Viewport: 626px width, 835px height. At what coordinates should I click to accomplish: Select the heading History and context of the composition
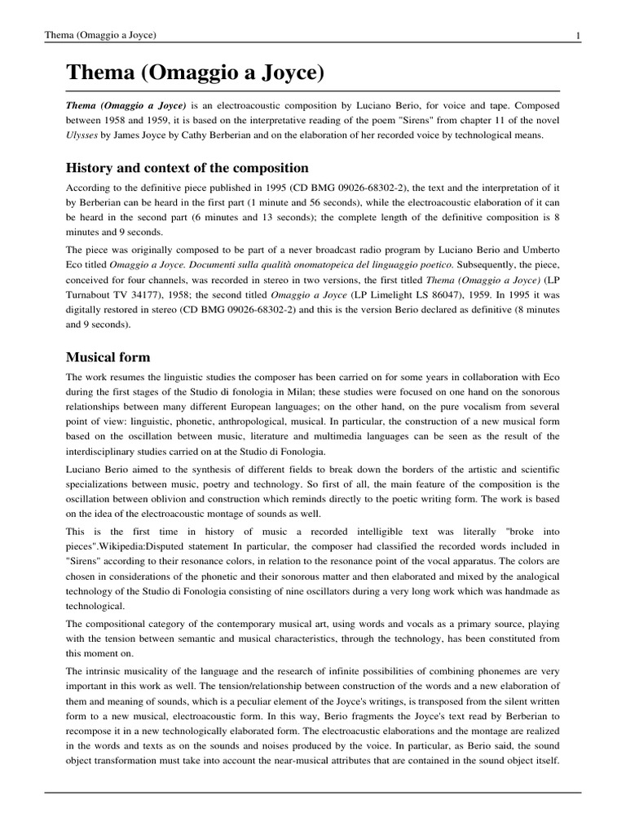tap(187, 168)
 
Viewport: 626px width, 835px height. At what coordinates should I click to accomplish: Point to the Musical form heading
tap(108, 357)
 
